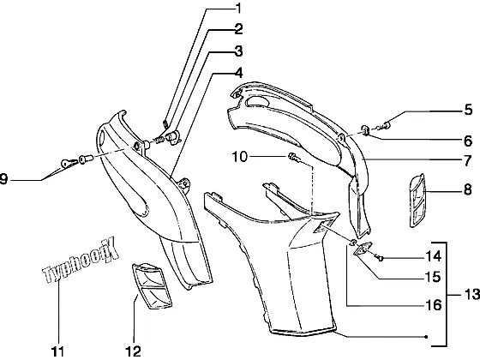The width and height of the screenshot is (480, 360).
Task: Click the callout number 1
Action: (238, 9)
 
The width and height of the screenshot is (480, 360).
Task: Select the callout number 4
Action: (238, 73)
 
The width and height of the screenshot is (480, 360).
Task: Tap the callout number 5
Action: (468, 110)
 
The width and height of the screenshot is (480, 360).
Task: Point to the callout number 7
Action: (467, 160)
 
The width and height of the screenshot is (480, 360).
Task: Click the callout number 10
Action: (240, 157)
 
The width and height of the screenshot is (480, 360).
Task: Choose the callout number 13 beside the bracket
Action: (472, 294)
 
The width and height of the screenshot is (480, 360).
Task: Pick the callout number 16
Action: (434, 305)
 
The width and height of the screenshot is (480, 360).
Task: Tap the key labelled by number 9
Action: (69, 163)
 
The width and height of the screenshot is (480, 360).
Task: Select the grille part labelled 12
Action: (152, 286)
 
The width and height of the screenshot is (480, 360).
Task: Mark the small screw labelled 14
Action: (381, 259)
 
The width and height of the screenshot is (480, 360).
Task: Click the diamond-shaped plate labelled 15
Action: (363, 248)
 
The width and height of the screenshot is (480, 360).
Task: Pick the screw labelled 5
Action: (385, 125)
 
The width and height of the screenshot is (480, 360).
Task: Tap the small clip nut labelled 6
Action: (366, 130)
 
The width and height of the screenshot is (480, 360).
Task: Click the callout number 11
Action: (58, 351)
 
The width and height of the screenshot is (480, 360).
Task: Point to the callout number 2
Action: (238, 29)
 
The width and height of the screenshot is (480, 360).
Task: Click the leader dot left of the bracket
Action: (426, 337)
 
